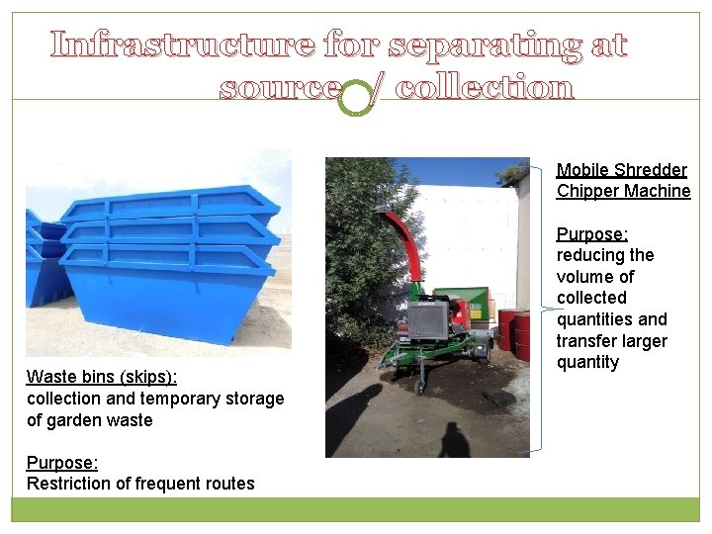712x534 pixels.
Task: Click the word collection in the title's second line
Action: pyautogui.click(x=485, y=89)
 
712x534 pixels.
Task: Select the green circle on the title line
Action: pyautogui.click(x=355, y=99)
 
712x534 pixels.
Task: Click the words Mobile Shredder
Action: pyautogui.click(x=621, y=170)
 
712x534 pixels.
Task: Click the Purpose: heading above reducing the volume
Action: pyautogui.click(x=591, y=234)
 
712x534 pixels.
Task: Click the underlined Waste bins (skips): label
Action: pyautogui.click(x=102, y=377)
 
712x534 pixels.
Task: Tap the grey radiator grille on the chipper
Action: pyautogui.click(x=427, y=319)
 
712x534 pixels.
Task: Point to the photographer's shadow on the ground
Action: pyautogui.click(x=454, y=439)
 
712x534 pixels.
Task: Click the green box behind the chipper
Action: pyautogui.click(x=471, y=306)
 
